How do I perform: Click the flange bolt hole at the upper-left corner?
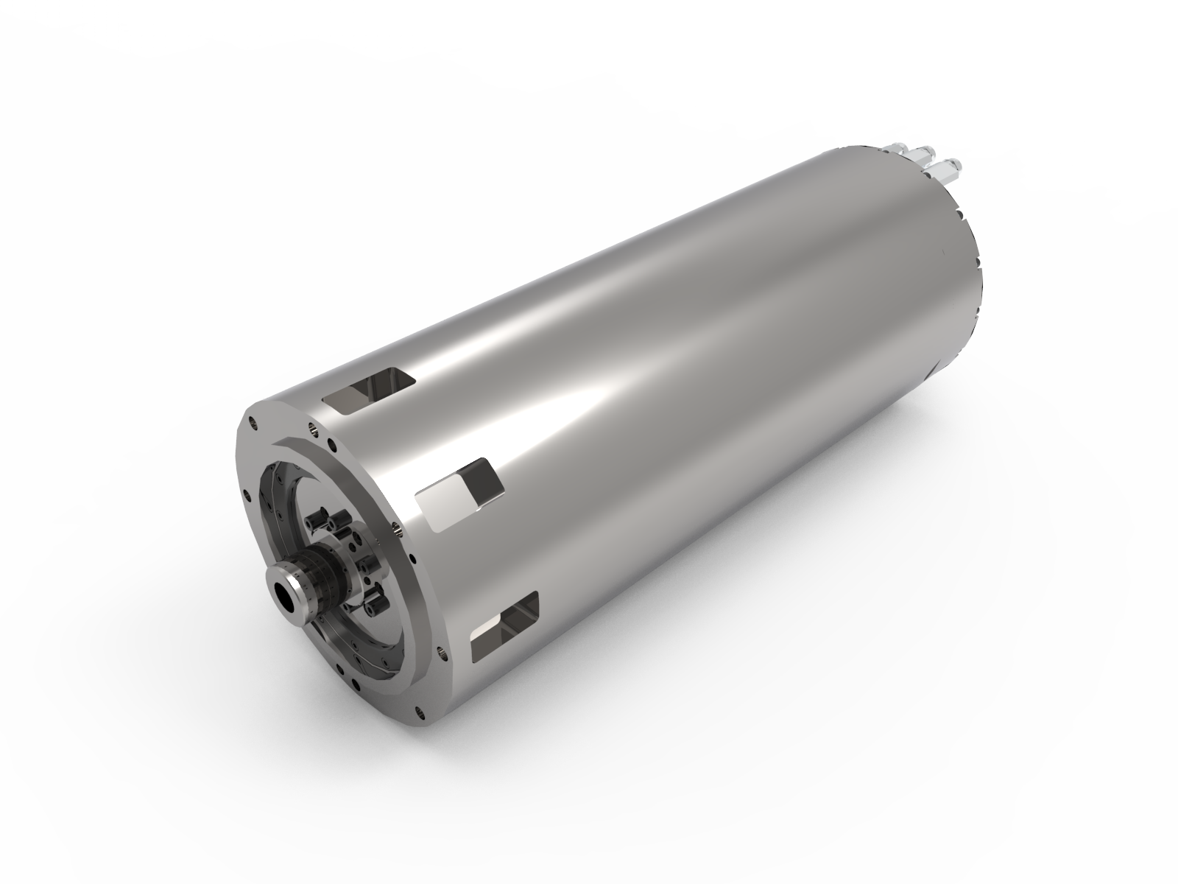(254, 422)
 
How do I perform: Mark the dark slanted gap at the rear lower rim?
(935, 367)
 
